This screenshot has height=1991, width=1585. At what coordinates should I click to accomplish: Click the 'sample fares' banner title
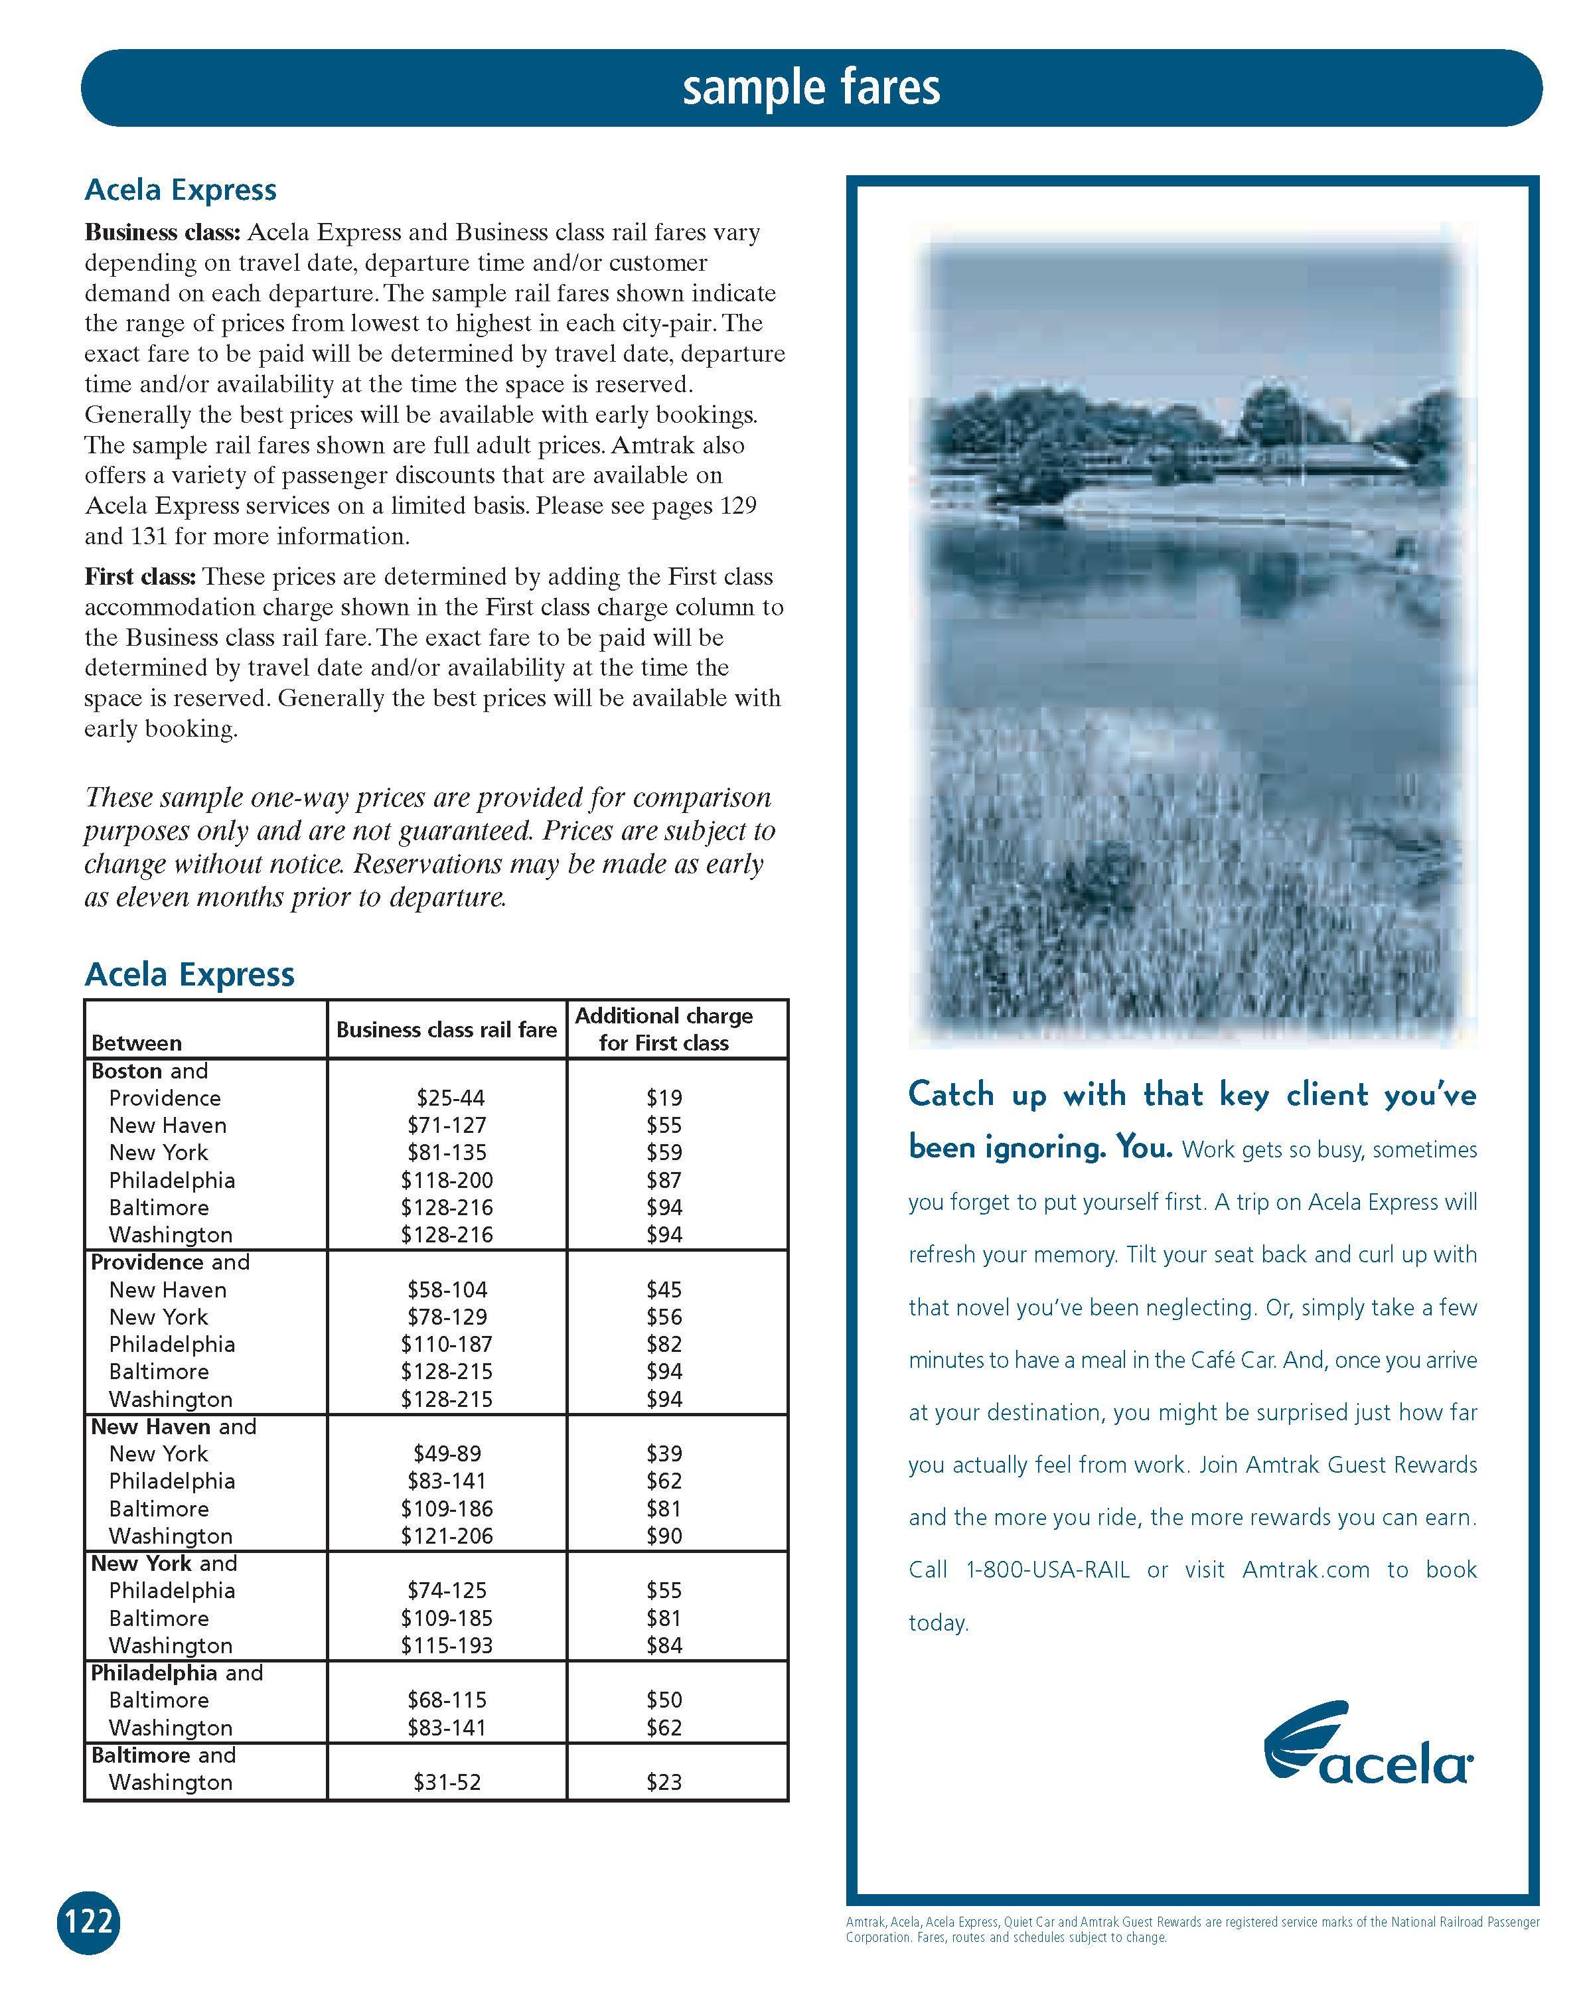(x=811, y=88)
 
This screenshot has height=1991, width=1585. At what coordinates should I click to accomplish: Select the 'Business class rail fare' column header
(x=446, y=1029)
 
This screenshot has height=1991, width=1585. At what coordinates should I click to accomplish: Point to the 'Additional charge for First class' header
(x=664, y=1029)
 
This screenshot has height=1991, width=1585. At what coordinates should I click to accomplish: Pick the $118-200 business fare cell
(x=447, y=1180)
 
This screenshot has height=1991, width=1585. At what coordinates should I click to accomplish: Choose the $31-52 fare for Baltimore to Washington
(x=447, y=1783)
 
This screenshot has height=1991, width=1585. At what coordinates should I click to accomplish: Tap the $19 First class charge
(x=664, y=1098)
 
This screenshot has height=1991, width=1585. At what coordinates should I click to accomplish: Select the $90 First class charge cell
(x=664, y=1536)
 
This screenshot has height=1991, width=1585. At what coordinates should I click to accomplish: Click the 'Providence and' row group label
(x=170, y=1262)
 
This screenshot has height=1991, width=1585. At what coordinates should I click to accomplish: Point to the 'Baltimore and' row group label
(x=163, y=1755)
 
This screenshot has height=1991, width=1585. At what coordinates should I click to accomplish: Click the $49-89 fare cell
(x=447, y=1453)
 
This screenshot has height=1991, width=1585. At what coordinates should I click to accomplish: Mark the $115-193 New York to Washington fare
(x=447, y=1646)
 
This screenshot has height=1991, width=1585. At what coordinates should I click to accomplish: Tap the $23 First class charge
(x=664, y=1783)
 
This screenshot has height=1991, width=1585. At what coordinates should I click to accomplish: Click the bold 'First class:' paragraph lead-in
(x=139, y=577)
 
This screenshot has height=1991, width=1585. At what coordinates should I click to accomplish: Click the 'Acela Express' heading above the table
(x=189, y=974)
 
